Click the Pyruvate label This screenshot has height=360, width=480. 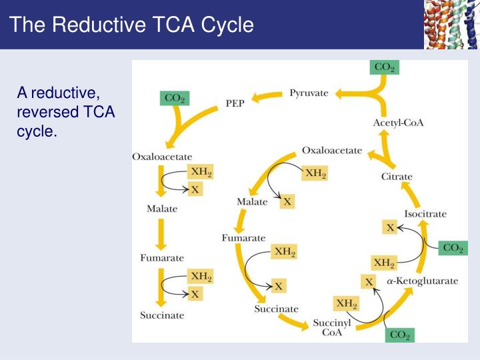pyautogui.click(x=309, y=93)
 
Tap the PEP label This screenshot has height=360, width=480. pyautogui.click(x=235, y=105)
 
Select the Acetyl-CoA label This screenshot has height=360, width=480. pyautogui.click(x=398, y=123)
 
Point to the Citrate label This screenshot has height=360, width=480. pyautogui.click(x=397, y=177)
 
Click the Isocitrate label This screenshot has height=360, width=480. pyautogui.click(x=425, y=213)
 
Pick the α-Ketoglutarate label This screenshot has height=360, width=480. pyautogui.click(x=422, y=281)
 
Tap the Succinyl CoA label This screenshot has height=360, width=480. pyautogui.click(x=332, y=327)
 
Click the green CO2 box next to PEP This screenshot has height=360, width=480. pyautogui.click(x=175, y=99)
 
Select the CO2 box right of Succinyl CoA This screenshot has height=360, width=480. pyautogui.click(x=399, y=335)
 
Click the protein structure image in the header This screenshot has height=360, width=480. pyautogui.click(x=451, y=25)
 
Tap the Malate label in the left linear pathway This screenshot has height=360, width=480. pyautogui.click(x=162, y=209)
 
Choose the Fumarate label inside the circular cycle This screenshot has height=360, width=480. pyautogui.click(x=243, y=237)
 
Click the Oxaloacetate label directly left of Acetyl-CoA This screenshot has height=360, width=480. pyautogui.click(x=332, y=151)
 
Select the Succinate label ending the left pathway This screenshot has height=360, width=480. pyautogui.click(x=161, y=315)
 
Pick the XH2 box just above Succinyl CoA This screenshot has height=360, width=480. pyautogui.click(x=347, y=303)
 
